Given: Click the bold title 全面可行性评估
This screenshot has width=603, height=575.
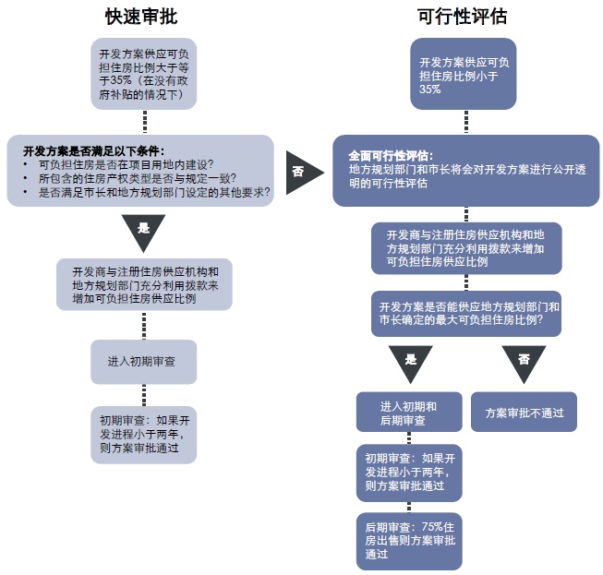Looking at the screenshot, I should point(391,155).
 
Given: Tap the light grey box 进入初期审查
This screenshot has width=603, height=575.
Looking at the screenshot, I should point(143,361).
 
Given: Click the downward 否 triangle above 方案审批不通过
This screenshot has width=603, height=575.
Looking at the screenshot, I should point(524,361).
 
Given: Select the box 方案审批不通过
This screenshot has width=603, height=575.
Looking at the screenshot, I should point(524,412).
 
